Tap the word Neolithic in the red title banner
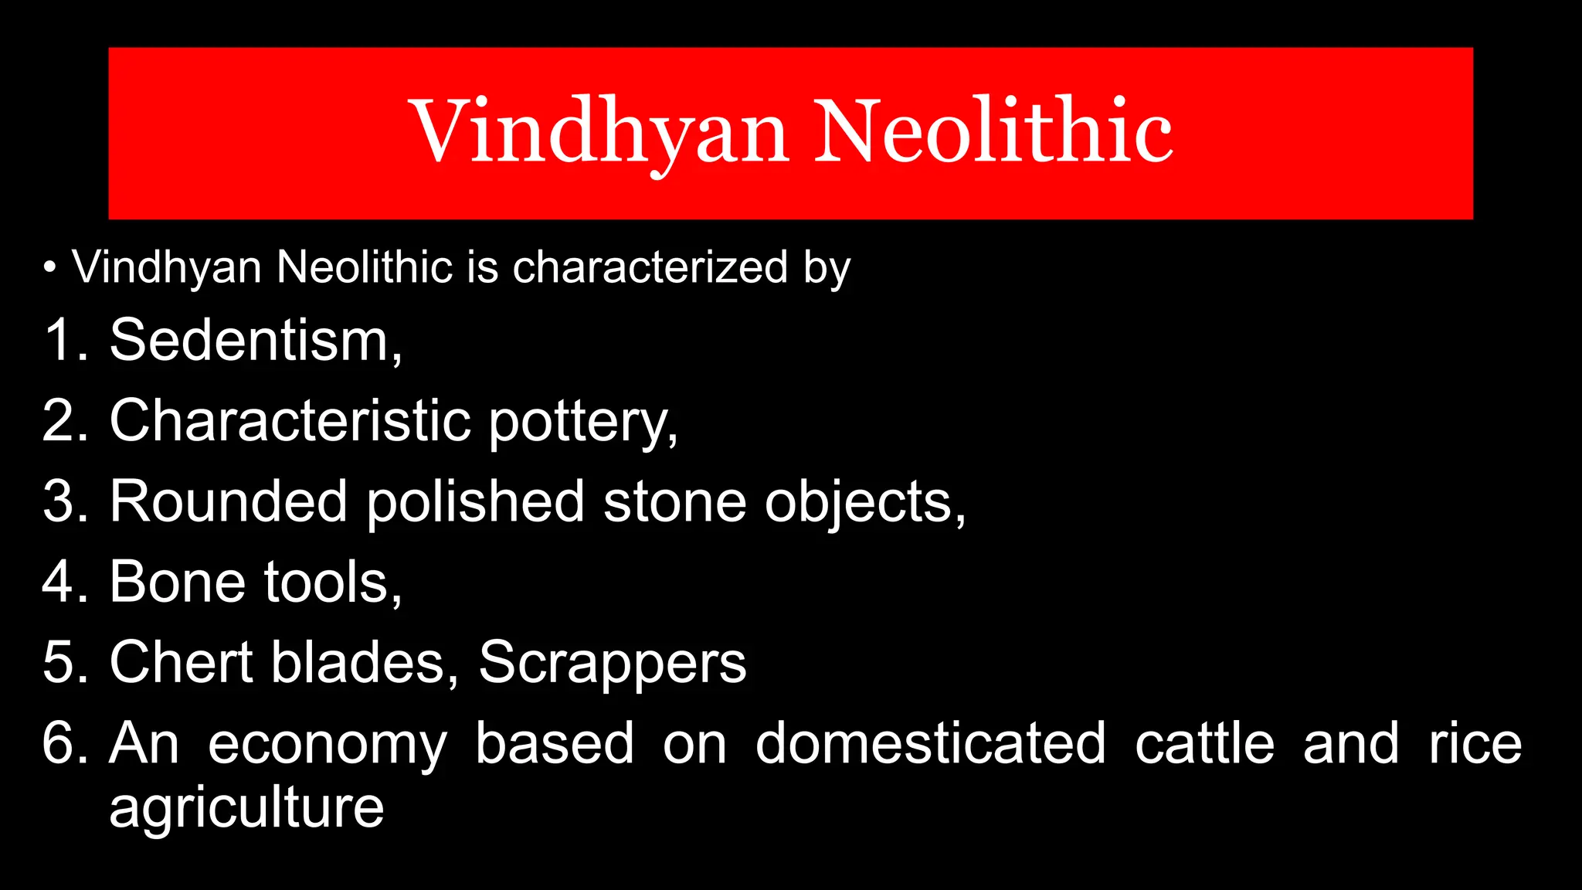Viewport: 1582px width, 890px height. click(993, 131)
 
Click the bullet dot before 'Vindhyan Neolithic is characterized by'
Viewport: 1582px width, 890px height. click(50, 268)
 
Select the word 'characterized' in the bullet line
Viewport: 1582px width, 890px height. click(650, 267)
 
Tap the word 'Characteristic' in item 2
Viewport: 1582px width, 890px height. click(290, 421)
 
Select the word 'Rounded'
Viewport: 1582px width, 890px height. click(228, 502)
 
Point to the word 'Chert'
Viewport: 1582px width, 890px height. click(181, 663)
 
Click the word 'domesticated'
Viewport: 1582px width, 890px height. click(930, 743)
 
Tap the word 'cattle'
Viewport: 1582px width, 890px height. click(1204, 743)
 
